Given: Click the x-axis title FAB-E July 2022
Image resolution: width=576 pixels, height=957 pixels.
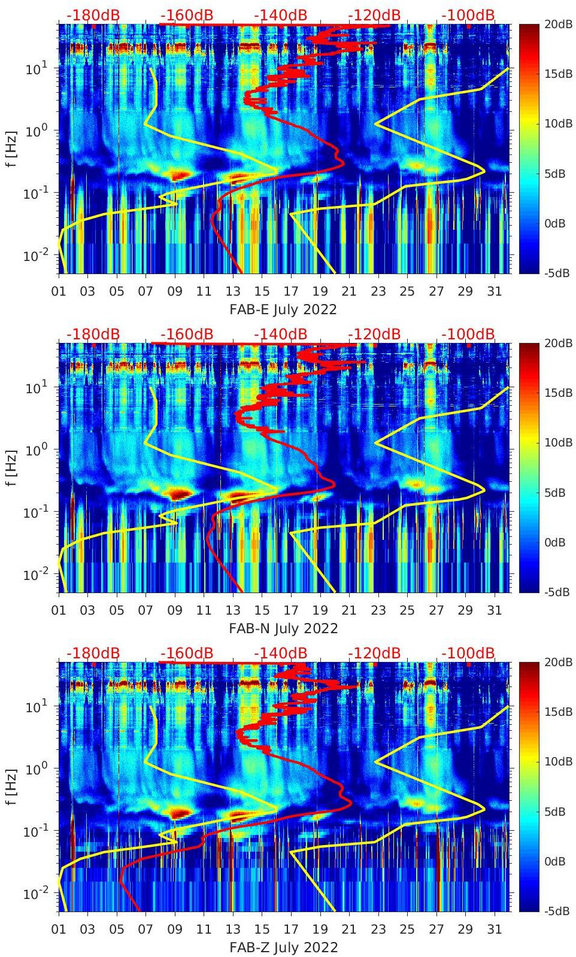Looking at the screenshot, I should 283,309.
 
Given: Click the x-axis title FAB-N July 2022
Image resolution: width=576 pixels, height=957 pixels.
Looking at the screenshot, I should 283,628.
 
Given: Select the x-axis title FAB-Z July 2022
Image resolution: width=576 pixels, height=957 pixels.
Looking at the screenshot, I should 283,947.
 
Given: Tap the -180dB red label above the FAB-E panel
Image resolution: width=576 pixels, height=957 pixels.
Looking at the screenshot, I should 93,15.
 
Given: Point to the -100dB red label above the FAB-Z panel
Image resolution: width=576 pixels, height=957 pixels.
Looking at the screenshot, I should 468,653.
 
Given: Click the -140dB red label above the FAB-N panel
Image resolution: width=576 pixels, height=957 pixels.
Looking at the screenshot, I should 280,334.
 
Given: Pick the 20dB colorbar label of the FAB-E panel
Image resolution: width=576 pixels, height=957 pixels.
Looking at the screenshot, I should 557,24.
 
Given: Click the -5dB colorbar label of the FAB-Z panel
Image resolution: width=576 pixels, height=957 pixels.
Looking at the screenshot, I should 556,911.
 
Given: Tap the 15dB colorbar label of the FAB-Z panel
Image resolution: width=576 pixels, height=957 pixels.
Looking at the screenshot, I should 557,712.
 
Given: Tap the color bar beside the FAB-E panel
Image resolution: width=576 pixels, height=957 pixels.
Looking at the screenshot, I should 528,148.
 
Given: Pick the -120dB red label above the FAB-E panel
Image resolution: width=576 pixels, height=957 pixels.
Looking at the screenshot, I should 374,15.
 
